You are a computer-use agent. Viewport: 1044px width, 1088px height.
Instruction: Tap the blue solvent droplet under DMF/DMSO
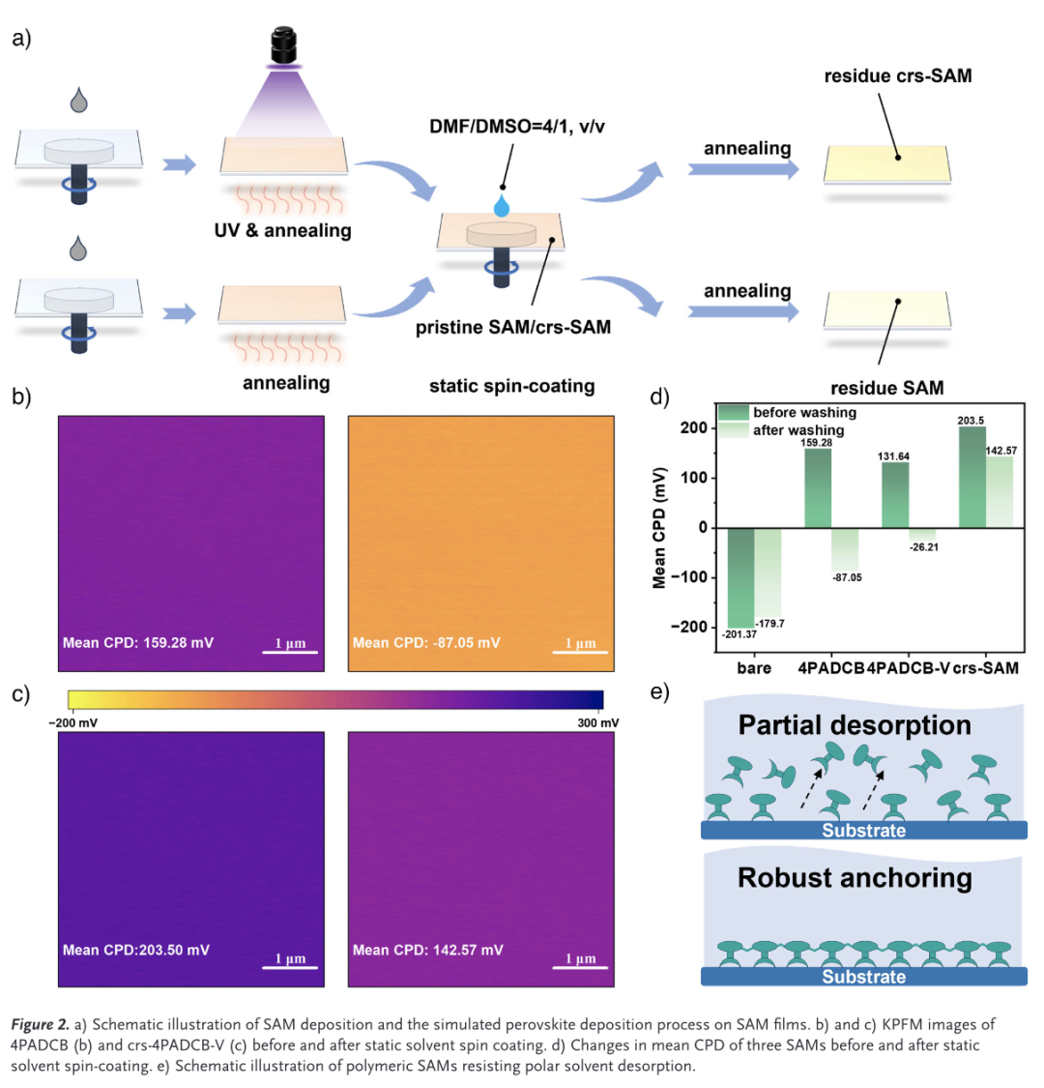(501, 205)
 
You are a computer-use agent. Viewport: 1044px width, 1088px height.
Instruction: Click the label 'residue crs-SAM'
(897, 75)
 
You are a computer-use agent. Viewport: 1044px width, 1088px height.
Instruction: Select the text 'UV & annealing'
(283, 231)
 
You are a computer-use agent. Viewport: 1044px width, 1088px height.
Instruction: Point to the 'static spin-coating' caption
(511, 387)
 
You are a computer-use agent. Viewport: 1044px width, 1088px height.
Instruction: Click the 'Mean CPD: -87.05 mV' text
(426, 642)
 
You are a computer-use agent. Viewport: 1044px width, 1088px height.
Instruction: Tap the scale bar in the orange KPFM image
(580, 652)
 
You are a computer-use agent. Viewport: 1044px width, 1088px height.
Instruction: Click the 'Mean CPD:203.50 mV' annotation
(136, 950)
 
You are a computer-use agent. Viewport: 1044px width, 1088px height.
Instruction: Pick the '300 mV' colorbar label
(597, 722)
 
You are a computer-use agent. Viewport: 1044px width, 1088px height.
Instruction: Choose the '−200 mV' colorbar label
(72, 722)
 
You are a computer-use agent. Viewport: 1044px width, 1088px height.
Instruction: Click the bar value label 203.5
(973, 421)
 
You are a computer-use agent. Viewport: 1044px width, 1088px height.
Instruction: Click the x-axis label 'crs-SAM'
(985, 667)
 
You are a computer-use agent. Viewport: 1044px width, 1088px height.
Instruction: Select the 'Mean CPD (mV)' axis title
(660, 527)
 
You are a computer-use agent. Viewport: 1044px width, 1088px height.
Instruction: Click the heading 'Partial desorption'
(855, 725)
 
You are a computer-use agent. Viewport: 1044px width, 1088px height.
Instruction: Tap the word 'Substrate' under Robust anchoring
(863, 977)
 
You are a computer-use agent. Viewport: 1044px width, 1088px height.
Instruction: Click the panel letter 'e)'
(659, 692)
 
